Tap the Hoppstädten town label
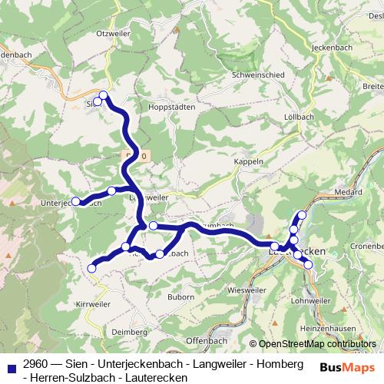pos(173,108)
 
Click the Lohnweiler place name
pos(310,300)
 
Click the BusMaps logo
pos(344,367)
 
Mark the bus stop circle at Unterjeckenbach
pos(76,201)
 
